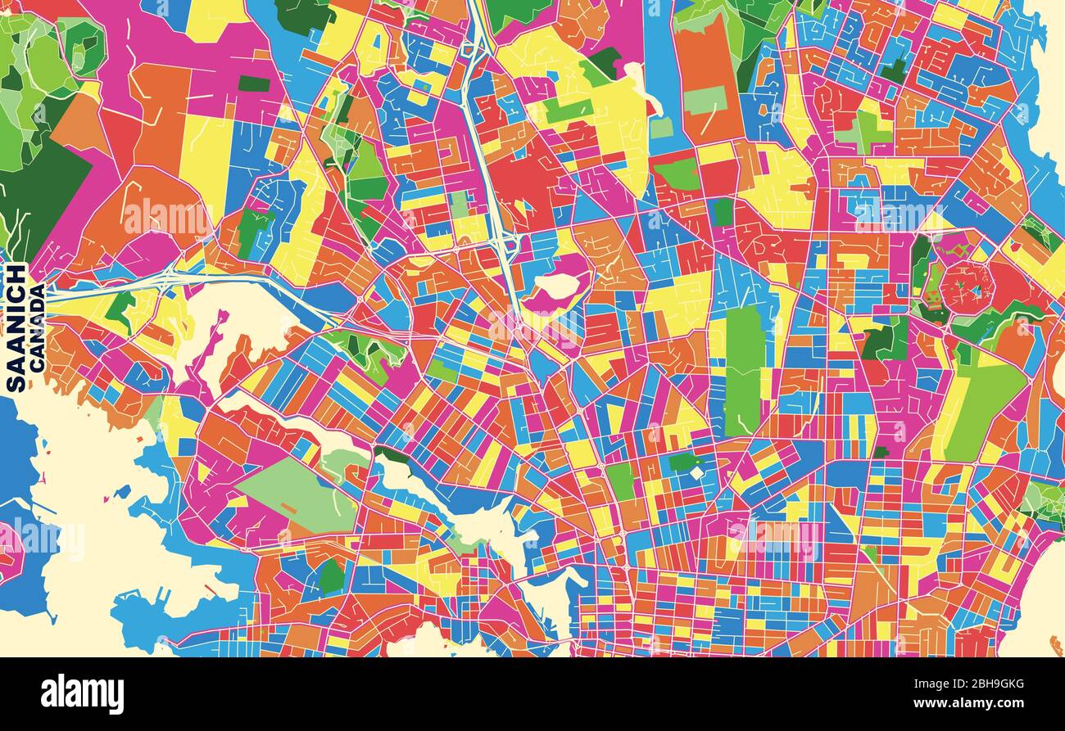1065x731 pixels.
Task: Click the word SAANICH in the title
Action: coord(16,327)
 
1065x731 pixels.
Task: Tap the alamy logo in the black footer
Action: coord(82,694)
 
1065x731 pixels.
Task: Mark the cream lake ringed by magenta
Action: coord(557,287)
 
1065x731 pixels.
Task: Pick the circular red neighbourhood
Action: coord(967,287)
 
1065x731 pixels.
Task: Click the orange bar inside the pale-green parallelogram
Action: coord(288,508)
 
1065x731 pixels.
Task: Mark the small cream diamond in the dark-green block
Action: coord(696,472)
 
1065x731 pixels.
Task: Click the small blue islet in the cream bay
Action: coord(122,492)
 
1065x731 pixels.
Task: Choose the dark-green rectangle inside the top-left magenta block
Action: coord(254,83)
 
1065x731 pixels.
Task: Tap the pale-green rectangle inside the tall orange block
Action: coord(705,100)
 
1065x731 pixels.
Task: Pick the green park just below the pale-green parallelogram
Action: coord(331,577)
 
